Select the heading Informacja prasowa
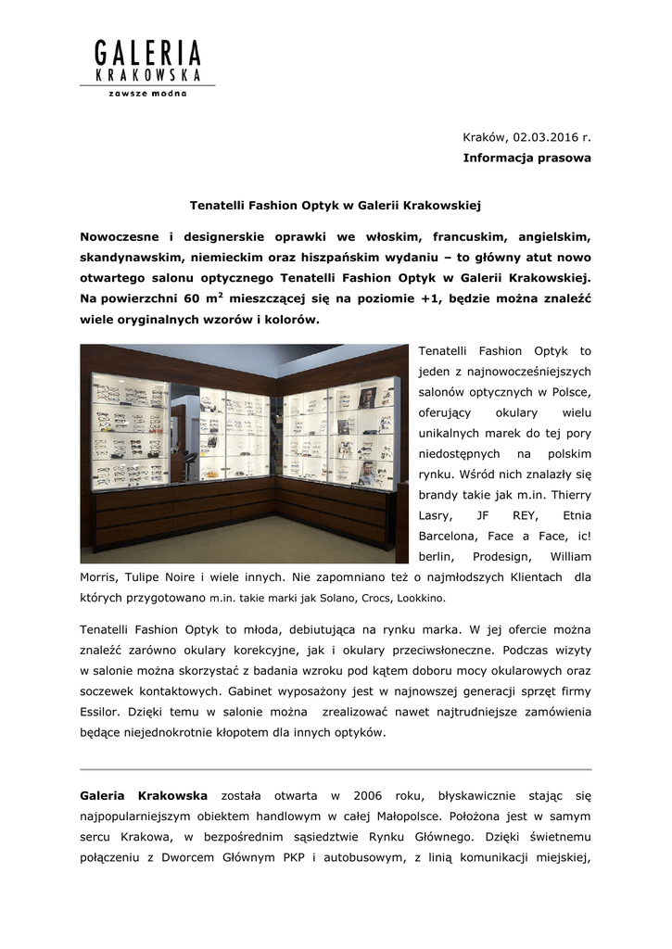point(526,158)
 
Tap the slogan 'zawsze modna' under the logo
point(148,94)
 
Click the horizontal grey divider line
point(336,769)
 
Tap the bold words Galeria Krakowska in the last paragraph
point(144,796)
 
